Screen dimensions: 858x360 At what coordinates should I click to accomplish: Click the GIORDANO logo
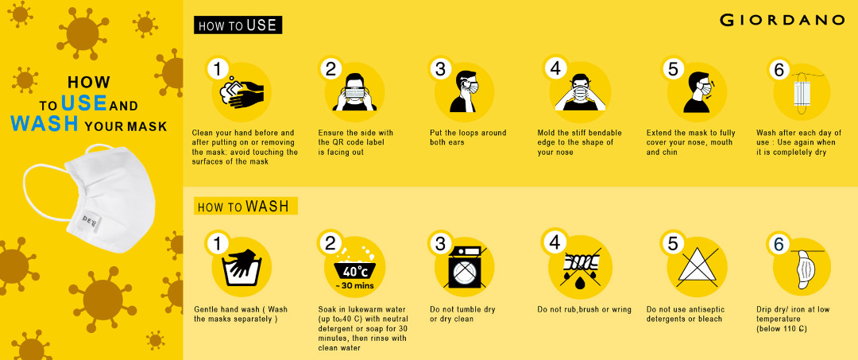point(782,20)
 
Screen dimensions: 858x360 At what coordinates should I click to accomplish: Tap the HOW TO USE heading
point(238,25)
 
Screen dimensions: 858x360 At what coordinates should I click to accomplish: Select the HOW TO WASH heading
point(245,207)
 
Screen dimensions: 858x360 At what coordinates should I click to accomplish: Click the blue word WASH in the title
point(44,124)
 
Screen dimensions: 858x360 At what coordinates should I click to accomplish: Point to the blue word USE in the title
point(83,103)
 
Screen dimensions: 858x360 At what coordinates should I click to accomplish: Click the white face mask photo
point(89,198)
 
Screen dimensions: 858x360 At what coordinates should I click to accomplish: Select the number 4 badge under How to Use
point(555,68)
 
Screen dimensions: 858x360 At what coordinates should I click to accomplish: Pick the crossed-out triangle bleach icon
point(698,267)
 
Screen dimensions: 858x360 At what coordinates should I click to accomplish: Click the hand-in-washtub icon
point(242,268)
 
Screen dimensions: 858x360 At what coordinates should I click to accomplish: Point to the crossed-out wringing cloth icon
point(580,267)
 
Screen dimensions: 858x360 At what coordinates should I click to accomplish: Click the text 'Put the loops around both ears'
point(468,137)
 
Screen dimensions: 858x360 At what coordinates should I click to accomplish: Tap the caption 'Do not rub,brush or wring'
point(584,310)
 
